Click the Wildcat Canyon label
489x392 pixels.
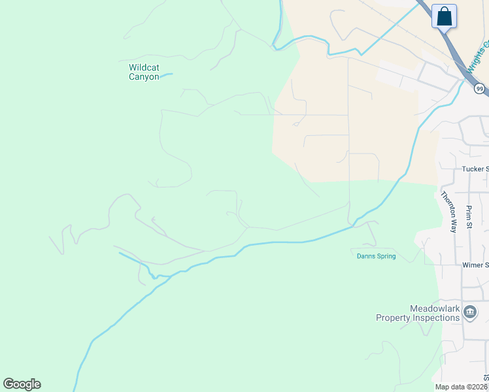(x=144, y=72)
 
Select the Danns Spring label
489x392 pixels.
(x=376, y=256)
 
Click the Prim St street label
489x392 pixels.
(x=469, y=217)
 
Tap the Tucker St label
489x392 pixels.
(x=475, y=169)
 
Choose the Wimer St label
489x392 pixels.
(x=475, y=265)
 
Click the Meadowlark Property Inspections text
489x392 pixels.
(x=418, y=313)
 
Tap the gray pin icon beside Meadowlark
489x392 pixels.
(x=469, y=314)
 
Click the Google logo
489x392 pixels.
(x=22, y=384)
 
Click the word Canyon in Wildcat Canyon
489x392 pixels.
(x=144, y=77)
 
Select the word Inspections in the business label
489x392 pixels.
(x=435, y=318)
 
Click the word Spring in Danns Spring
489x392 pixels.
(x=386, y=256)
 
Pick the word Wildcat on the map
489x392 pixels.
(x=144, y=67)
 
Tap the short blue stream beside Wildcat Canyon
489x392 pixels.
(x=167, y=75)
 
